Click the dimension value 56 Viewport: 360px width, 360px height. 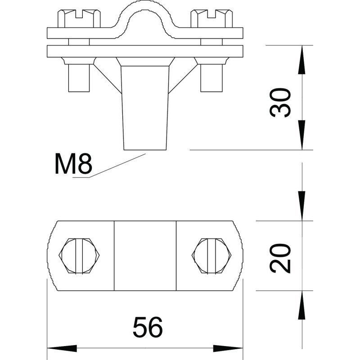148,327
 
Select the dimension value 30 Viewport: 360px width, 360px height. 280,103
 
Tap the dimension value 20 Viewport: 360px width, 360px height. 280,258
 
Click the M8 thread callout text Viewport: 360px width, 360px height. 73,164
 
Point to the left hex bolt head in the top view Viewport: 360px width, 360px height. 79,256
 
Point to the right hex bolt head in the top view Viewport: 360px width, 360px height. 211,256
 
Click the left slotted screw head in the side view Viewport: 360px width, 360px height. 79,18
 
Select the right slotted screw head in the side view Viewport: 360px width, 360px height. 211,18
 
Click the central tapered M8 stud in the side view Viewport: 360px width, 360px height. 145,108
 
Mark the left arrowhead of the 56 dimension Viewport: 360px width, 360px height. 62,348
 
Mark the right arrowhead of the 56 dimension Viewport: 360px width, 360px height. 228,348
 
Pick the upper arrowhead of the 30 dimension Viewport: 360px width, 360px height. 301,60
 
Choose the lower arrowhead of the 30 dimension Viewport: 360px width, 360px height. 301,135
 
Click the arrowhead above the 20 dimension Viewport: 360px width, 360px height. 301,206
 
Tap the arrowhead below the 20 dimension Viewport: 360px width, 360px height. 301,306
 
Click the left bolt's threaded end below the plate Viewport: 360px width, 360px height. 79,78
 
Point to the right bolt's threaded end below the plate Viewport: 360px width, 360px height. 211,78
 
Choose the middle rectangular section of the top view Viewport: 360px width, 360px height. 145,256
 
